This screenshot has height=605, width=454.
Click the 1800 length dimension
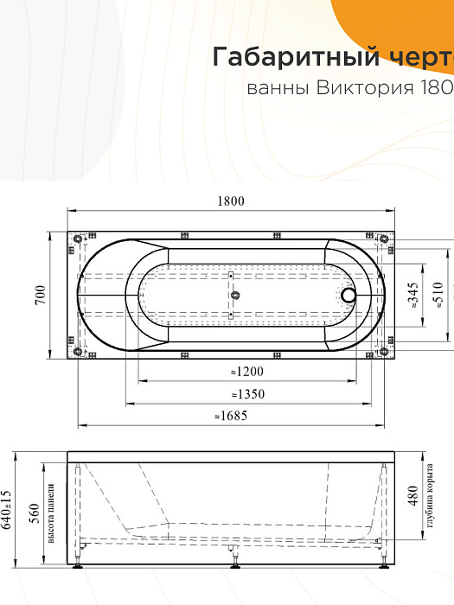point(231,201)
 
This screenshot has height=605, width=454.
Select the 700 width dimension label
point(40,296)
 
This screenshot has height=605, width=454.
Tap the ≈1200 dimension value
point(246,372)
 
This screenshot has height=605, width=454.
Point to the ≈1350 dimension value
point(246,394)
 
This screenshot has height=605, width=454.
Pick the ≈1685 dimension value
point(231,417)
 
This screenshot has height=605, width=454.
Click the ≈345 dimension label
point(412,296)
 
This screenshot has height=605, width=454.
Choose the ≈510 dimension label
point(438,296)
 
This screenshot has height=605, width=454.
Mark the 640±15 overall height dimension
point(8,510)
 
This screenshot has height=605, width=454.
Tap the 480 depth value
point(412,495)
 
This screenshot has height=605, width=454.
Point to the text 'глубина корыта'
point(429,497)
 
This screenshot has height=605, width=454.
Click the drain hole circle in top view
point(349,295)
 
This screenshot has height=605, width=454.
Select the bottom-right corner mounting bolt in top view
point(383,351)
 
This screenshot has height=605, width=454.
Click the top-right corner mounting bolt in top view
point(383,239)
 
